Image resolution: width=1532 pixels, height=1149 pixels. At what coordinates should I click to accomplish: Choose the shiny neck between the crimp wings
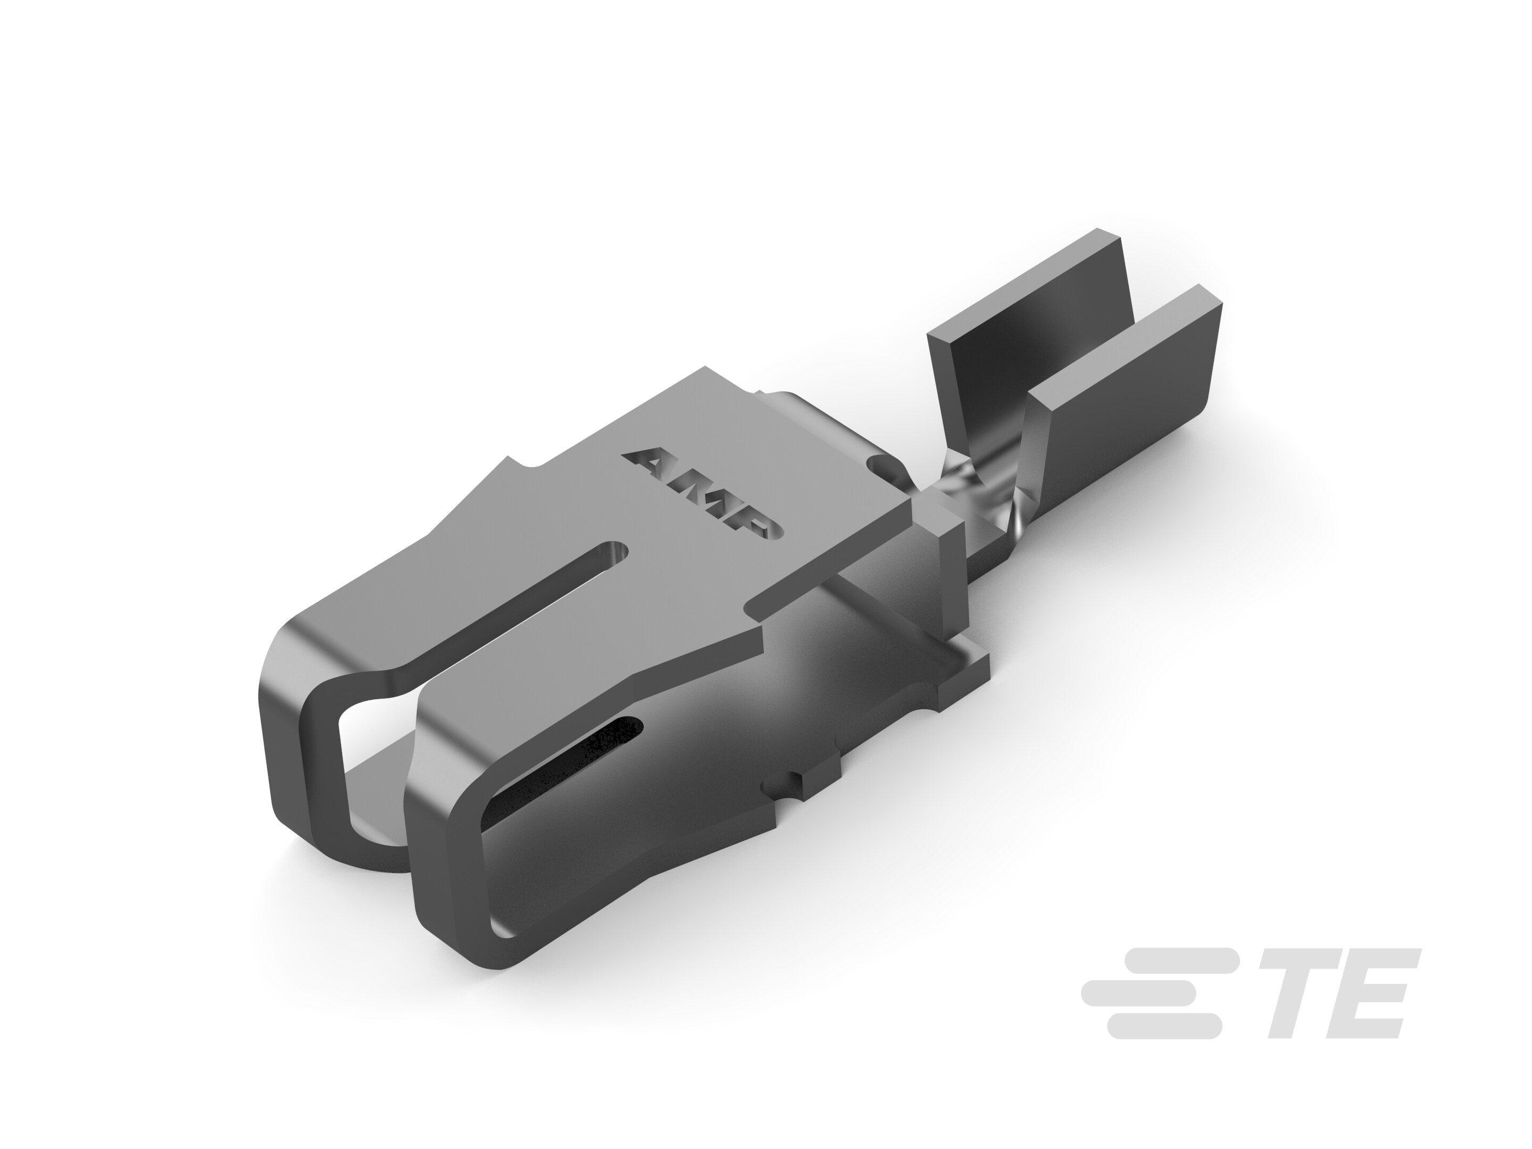pyautogui.click(x=970, y=485)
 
